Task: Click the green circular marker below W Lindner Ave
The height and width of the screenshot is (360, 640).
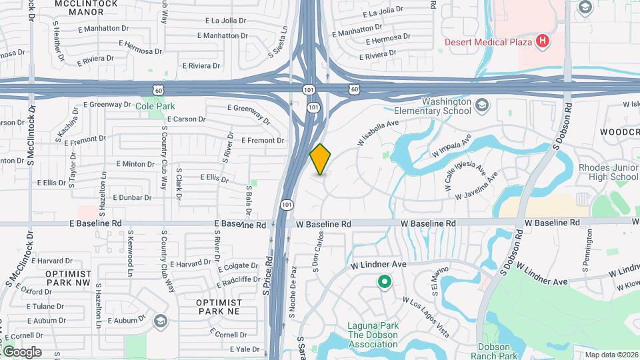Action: pyautogui.click(x=384, y=282)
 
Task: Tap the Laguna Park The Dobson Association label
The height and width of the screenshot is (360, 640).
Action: pyautogui.click(x=373, y=335)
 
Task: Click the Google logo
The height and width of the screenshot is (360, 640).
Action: pyautogui.click(x=22, y=352)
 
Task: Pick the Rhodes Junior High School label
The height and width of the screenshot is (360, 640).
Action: pyautogui.click(x=608, y=172)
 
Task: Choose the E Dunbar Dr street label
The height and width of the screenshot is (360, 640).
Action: pyautogui.click(x=133, y=198)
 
